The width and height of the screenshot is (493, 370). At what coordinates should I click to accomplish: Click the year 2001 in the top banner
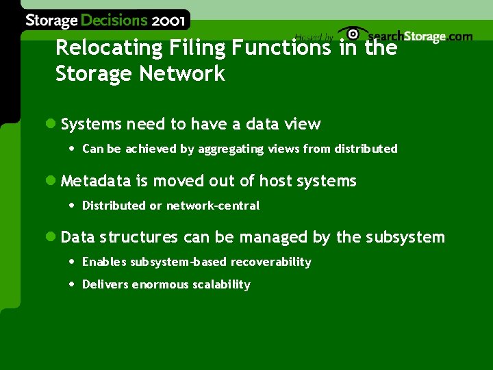tap(168, 21)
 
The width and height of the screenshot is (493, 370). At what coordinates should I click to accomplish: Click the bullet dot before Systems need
tap(49, 124)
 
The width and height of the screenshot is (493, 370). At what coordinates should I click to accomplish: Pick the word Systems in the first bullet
tap(90, 124)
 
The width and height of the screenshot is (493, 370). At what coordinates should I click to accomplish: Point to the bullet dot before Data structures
tap(49, 237)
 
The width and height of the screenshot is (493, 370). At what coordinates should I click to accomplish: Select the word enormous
tap(156, 284)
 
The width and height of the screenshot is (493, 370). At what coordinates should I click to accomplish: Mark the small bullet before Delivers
tap(72, 284)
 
